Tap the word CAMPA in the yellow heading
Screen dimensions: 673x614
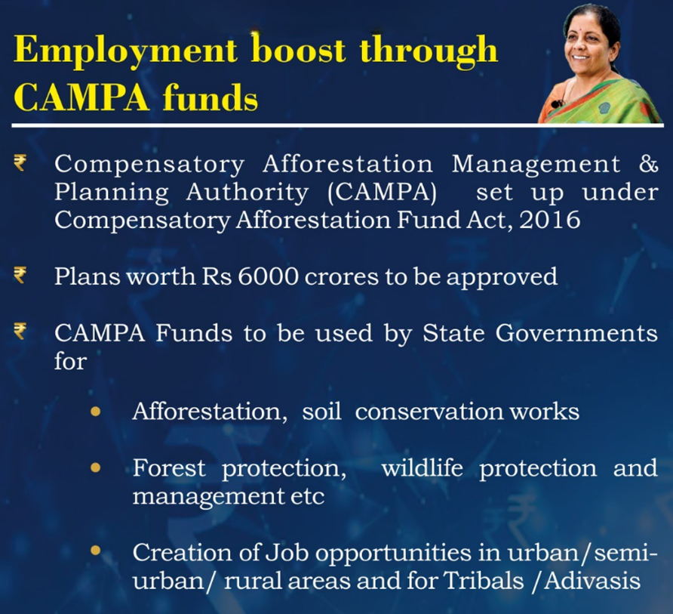tap(81, 97)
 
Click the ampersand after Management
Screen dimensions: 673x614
tap(648, 164)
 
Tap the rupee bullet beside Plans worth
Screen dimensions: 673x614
tap(20, 275)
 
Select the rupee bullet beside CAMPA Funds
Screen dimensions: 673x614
tap(20, 332)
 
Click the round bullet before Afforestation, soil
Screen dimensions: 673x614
tap(95, 412)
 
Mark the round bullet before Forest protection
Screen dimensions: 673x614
tap(95, 467)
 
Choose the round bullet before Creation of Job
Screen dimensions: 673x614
tap(95, 550)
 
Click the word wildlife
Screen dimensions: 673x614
tap(422, 467)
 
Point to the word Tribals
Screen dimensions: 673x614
tap(484, 581)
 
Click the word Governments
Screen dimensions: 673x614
tap(576, 333)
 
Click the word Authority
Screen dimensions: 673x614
tap(247, 193)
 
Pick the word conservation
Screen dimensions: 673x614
tap(429, 412)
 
